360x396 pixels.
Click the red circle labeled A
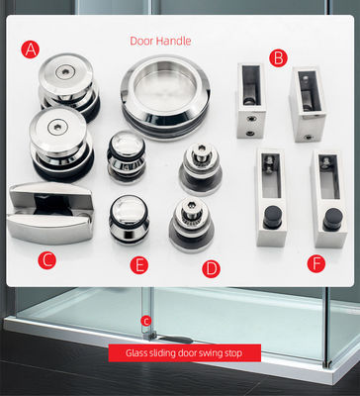tap(32, 48)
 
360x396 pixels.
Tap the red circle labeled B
tap(278, 58)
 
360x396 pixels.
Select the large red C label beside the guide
tap(45, 260)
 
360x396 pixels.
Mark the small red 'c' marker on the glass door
tap(146, 320)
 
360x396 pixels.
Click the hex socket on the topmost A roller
tap(64, 72)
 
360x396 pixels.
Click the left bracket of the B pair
tap(250, 103)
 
